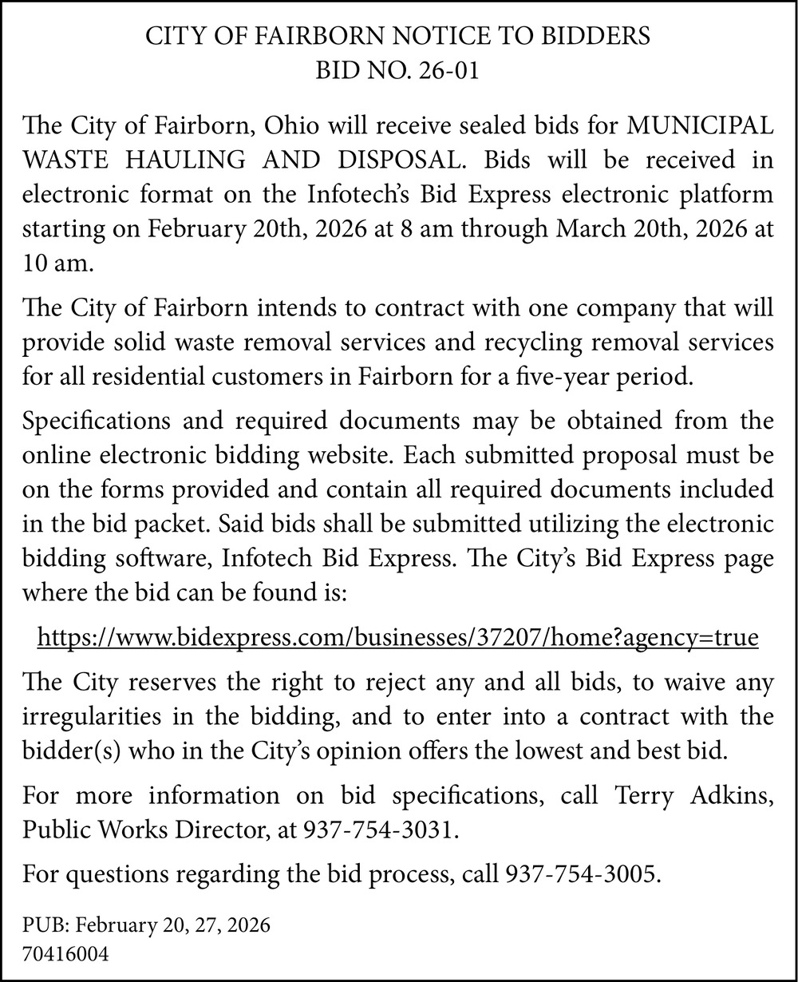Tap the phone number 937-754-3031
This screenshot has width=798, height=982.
point(380,830)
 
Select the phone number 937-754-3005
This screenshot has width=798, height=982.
point(583,874)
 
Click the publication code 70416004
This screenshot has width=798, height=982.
point(65,953)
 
